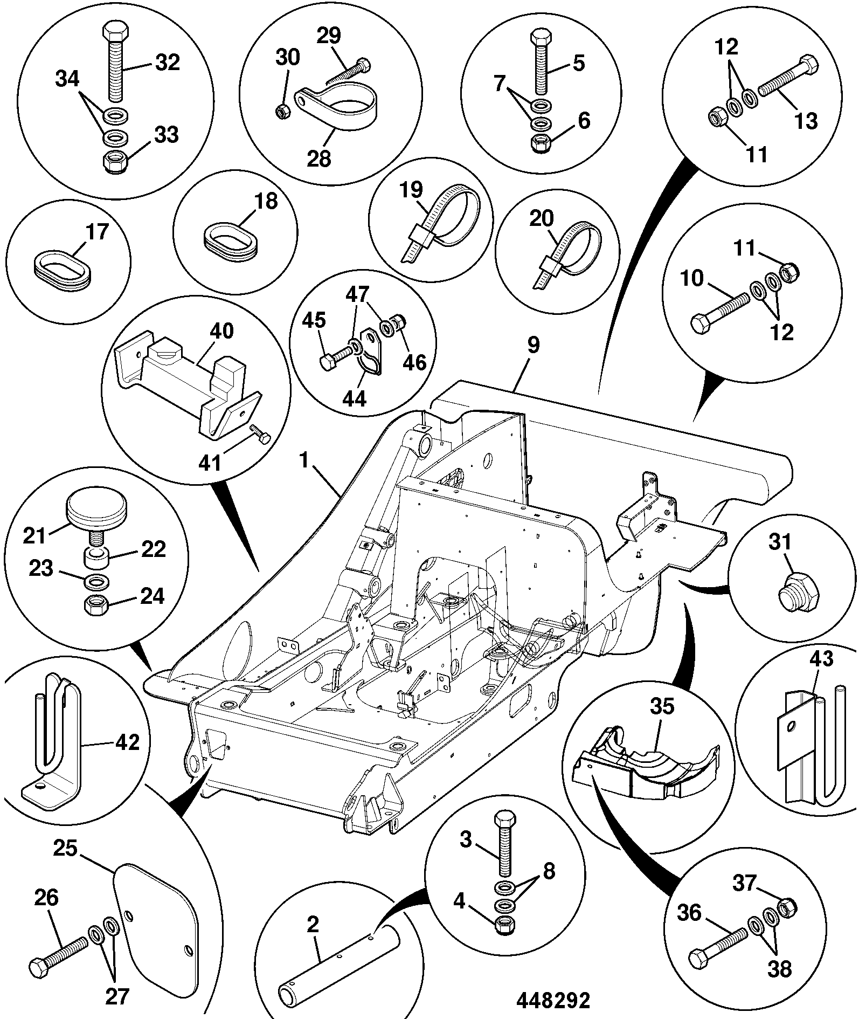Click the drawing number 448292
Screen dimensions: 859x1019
click(x=553, y=1001)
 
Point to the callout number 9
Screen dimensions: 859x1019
click(x=532, y=346)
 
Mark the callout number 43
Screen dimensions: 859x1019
click(x=822, y=659)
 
